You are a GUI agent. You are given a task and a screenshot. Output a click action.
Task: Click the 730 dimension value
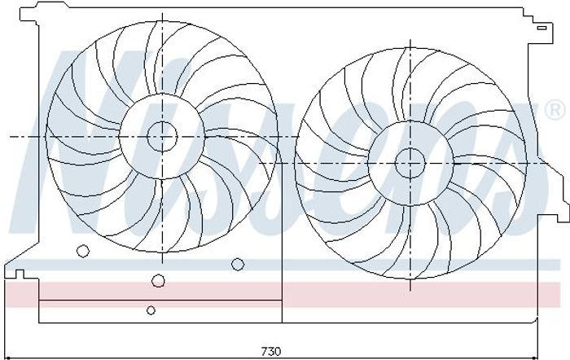(271, 351)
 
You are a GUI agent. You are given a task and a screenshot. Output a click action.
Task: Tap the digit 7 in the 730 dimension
(265, 351)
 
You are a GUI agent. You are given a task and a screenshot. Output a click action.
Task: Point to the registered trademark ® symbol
(555, 110)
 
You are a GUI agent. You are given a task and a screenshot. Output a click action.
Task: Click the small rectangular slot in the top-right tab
(542, 28)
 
